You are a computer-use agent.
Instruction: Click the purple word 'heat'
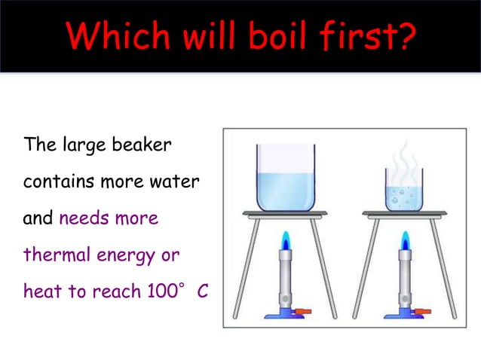tap(40, 291)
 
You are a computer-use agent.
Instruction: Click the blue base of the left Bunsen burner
tap(284, 313)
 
